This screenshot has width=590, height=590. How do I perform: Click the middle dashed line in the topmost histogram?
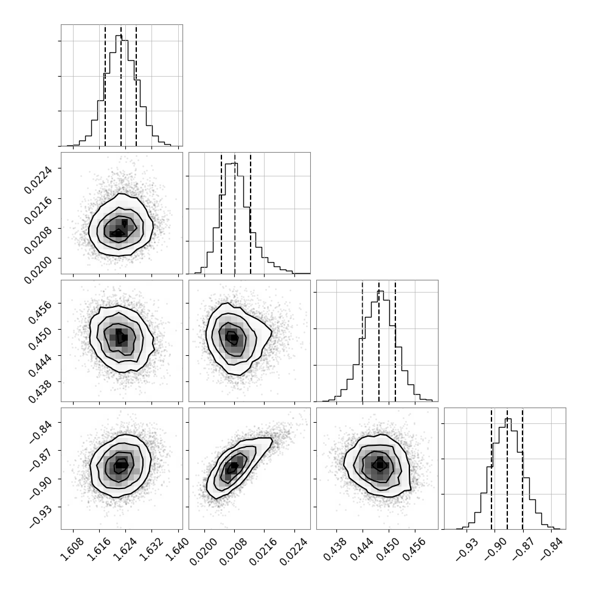pyautogui.click(x=121, y=85)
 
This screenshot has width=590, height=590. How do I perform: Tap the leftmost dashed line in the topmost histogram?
pyautogui.click(x=105, y=85)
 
